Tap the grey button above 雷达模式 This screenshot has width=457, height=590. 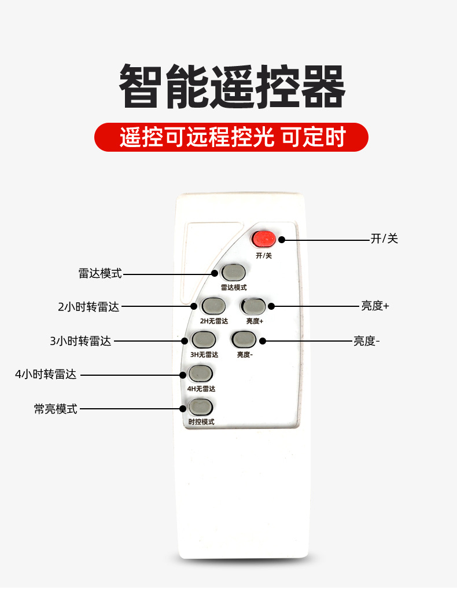[233, 272]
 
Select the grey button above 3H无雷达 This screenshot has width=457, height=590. [204, 339]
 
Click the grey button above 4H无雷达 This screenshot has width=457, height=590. [200, 373]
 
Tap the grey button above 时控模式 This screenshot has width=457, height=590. [201, 407]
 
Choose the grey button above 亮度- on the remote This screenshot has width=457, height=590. [244, 338]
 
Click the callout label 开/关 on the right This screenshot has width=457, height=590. [384, 239]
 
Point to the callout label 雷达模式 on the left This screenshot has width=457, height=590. [100, 273]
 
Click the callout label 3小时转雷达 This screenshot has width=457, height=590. [80, 340]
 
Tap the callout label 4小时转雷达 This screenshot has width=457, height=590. [46, 374]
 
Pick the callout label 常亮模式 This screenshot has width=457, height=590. [56, 409]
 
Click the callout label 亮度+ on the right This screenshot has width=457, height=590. [375, 306]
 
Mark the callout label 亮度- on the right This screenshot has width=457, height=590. [367, 340]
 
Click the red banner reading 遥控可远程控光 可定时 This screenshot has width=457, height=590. [231, 137]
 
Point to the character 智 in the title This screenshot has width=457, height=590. [141, 86]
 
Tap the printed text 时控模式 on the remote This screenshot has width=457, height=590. [201, 422]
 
